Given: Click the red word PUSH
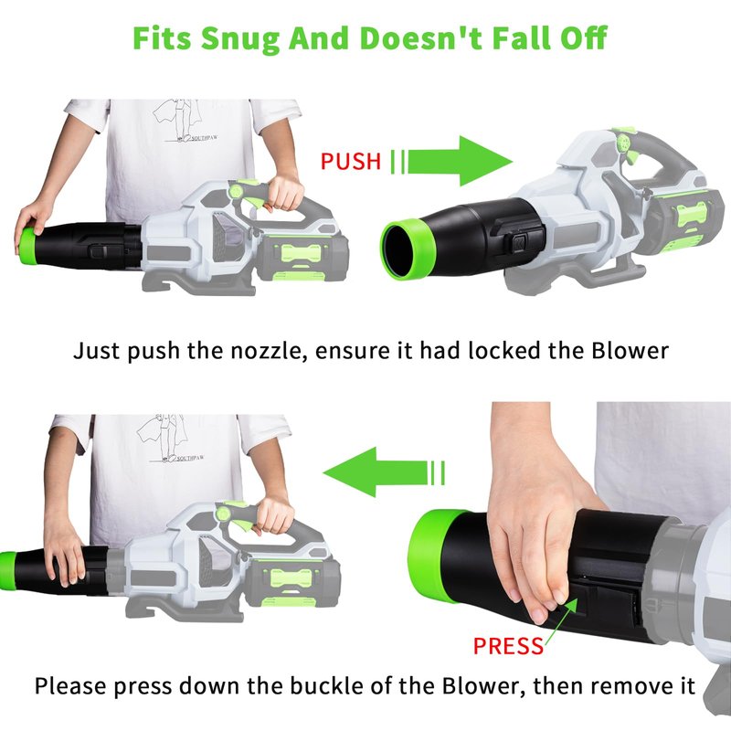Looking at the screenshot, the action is (x=351, y=162).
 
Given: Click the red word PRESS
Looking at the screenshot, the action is (x=508, y=646).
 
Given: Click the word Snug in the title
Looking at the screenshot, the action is (x=239, y=39).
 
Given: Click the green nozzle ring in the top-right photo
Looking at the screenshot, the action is (x=402, y=249).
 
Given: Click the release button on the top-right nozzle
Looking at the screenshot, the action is (x=519, y=243).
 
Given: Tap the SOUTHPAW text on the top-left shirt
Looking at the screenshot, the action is (x=204, y=138).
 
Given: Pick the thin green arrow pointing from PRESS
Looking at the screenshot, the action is (x=561, y=621).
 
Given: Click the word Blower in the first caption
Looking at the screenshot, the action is (x=630, y=351).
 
